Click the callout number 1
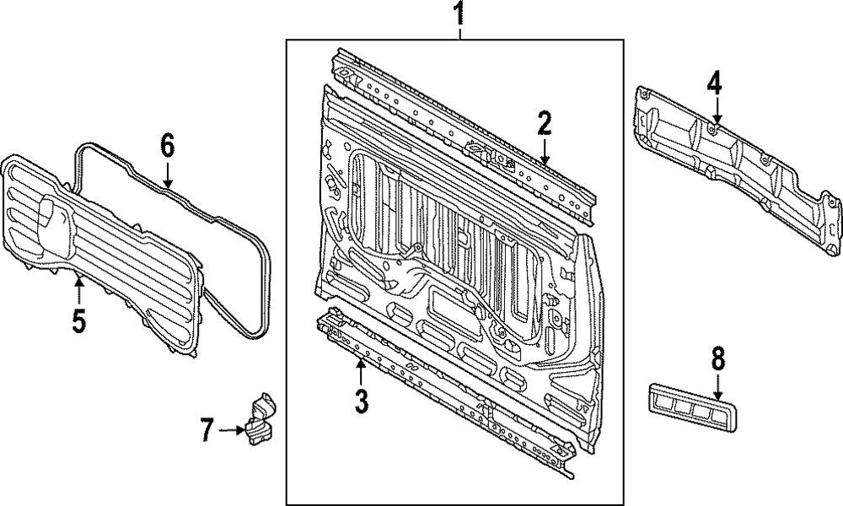click(459, 14)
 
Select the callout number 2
click(545, 124)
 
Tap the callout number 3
click(361, 400)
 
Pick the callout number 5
click(78, 321)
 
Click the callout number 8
click(717, 359)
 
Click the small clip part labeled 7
click(258, 420)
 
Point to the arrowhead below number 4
click(714, 121)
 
